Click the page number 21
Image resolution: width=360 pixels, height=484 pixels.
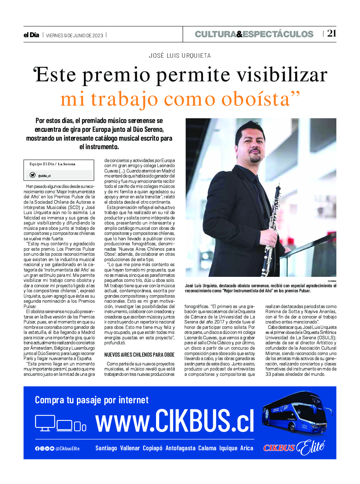332,33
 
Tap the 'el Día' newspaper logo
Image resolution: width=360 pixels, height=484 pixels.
31,35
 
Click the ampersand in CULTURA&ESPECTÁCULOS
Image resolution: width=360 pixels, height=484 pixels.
239,34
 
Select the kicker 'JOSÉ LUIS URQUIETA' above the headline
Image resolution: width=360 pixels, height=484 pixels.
180,56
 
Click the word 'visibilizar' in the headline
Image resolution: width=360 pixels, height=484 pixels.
282,75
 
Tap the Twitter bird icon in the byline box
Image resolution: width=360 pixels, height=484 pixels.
32,175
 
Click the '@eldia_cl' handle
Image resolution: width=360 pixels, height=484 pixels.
44,176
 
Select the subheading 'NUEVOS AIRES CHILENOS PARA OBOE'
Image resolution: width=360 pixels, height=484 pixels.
139,355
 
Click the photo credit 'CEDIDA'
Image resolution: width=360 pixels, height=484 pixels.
332,281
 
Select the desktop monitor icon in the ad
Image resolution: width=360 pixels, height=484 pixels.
45,423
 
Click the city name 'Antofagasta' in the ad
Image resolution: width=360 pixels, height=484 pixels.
180,448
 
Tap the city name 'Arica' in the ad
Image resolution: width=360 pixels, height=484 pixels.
247,448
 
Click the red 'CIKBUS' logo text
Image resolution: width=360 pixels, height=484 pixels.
279,448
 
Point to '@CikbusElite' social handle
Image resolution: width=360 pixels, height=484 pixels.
67,448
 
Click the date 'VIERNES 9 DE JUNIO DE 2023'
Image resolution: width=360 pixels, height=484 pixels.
74,35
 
